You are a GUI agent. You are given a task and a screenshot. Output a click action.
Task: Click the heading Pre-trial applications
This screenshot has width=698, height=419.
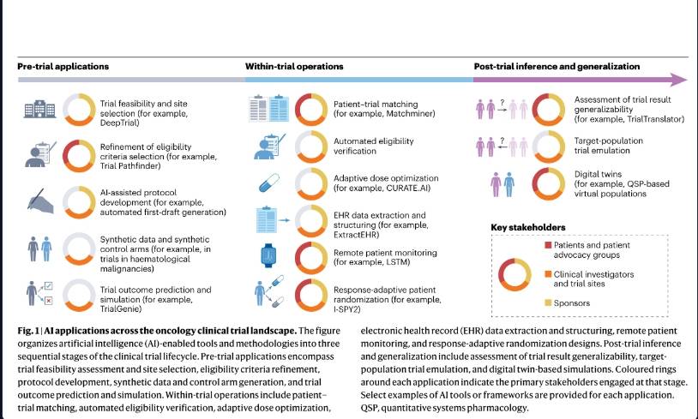click(63, 66)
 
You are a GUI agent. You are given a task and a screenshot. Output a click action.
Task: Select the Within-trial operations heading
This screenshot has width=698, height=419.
click(294, 66)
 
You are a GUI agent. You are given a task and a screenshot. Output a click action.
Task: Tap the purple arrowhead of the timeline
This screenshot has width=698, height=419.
click(679, 80)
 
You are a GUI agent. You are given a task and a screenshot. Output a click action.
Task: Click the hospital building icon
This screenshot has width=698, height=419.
click(39, 109)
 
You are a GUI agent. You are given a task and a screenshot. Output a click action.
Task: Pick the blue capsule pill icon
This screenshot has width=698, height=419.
click(269, 183)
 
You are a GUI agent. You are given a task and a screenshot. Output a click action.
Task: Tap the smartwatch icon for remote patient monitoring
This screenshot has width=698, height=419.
click(268, 255)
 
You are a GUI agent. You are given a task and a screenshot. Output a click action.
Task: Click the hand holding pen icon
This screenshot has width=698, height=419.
click(40, 201)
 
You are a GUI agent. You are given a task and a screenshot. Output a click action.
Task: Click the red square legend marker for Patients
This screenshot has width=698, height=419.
click(548, 245)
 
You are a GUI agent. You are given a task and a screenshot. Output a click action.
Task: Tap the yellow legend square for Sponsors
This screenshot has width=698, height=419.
click(548, 303)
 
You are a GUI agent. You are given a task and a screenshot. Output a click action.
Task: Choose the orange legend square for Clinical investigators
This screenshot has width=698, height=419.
click(548, 274)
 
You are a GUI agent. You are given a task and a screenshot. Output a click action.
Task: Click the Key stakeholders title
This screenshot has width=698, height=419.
click(528, 227)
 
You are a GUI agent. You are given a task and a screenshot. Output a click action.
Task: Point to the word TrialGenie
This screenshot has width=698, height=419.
click(121, 308)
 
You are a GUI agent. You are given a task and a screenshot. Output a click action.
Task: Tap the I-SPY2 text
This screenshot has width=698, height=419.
click(346, 309)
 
